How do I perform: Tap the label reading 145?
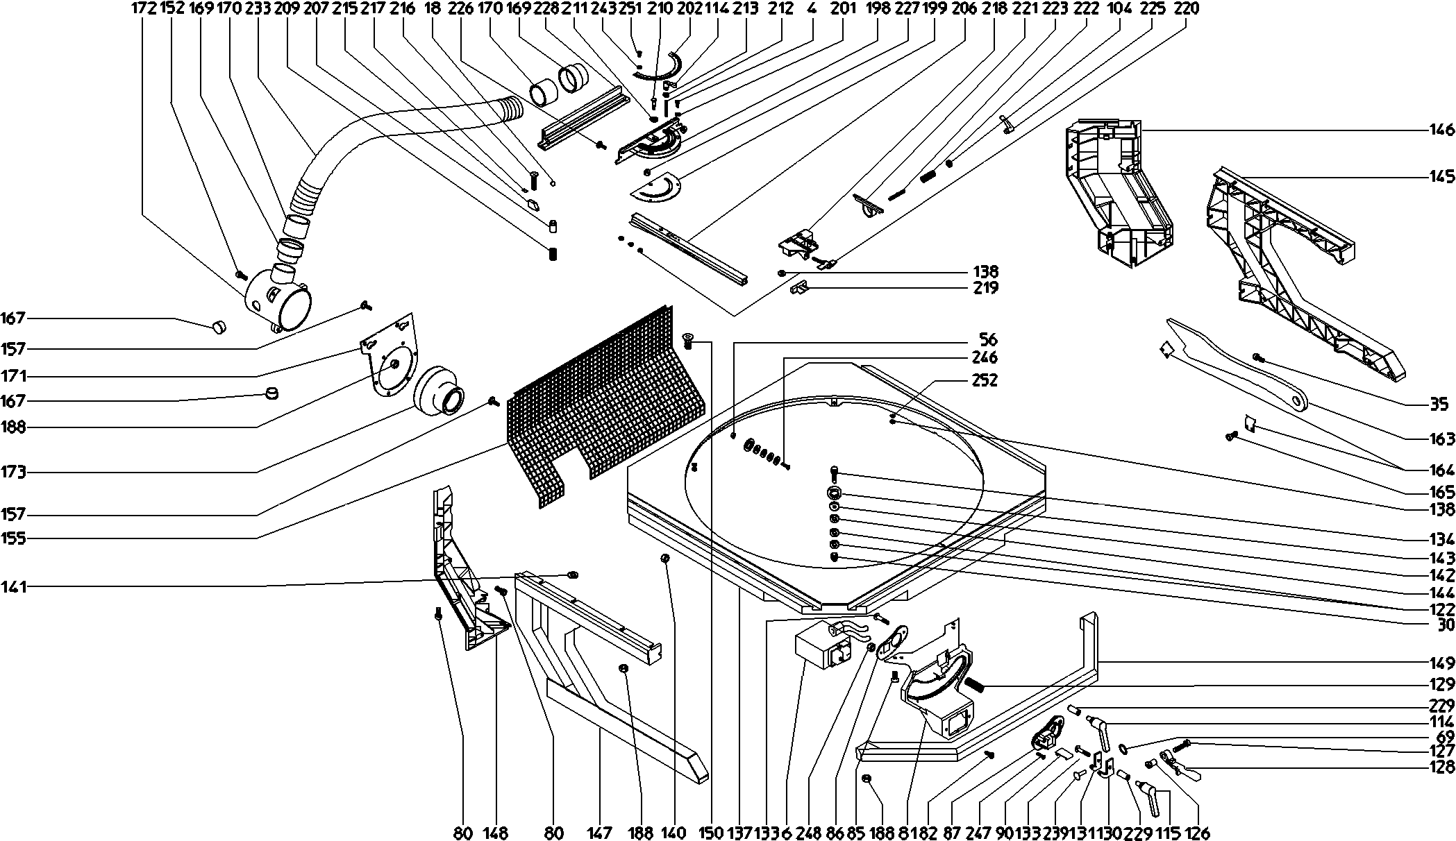pyautogui.click(x=1441, y=178)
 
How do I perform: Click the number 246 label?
pyautogui.click(x=985, y=357)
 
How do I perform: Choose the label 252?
pyautogui.click(x=985, y=380)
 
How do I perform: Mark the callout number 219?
pyautogui.click(x=985, y=288)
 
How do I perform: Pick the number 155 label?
pyautogui.click(x=14, y=538)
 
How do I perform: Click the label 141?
pyautogui.click(x=14, y=587)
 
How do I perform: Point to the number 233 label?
pyautogui.click(x=258, y=8)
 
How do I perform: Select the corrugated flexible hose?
pyautogui.click(x=389, y=135)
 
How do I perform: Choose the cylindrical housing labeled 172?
pyautogui.click(x=278, y=298)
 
